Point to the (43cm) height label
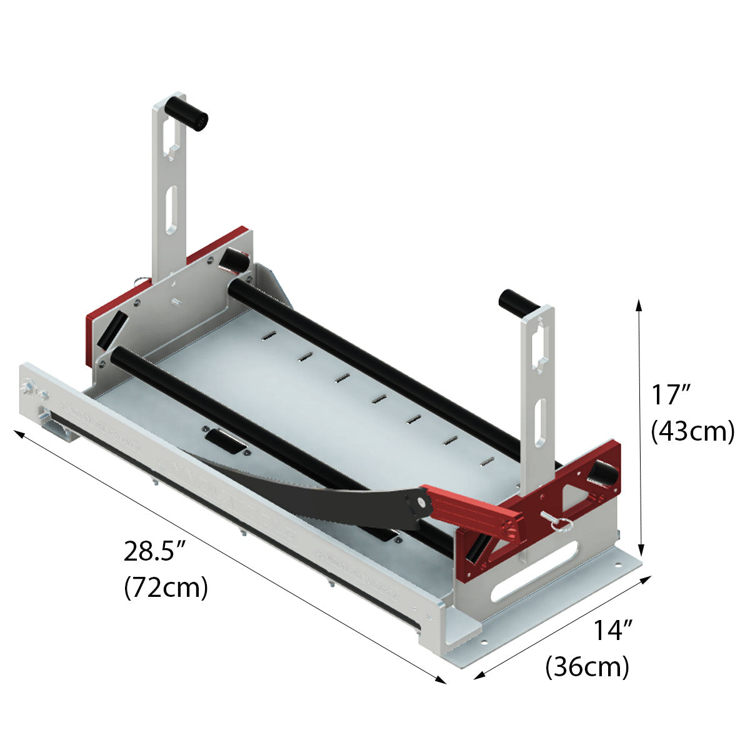[692, 431]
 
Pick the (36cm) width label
[587, 666]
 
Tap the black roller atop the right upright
[518, 301]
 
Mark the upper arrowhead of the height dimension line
[639, 305]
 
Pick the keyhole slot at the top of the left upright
[170, 137]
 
